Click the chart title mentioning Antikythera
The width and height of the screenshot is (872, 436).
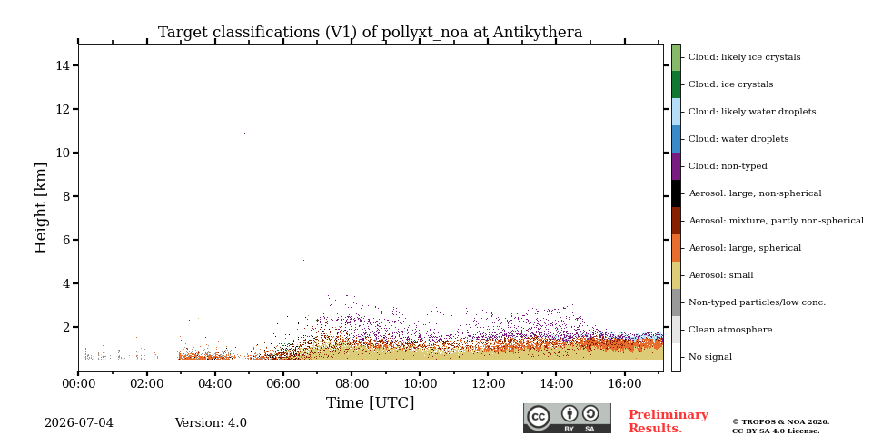(x=370, y=33)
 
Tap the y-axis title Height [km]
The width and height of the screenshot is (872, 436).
(x=41, y=208)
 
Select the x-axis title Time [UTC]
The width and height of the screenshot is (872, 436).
(x=370, y=402)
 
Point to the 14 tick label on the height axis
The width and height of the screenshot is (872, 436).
(x=62, y=65)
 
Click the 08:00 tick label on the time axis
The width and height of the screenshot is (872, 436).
(x=352, y=384)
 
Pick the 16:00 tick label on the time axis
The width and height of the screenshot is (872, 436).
(x=625, y=384)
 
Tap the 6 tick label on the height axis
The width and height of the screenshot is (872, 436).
(x=65, y=240)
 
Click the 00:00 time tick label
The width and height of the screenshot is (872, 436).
(x=78, y=384)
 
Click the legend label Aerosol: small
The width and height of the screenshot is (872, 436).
(x=720, y=275)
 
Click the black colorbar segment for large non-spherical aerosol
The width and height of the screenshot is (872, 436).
(x=676, y=193)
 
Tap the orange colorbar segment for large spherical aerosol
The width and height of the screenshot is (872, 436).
(x=676, y=248)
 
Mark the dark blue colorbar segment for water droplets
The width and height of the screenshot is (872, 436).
(x=676, y=139)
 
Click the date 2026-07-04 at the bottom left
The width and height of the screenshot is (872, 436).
(x=79, y=423)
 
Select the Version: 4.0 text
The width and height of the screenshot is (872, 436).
(x=211, y=423)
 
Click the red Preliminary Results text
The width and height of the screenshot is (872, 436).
(x=669, y=421)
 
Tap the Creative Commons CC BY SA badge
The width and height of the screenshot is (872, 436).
(x=567, y=419)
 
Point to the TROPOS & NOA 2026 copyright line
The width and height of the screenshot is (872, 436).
(x=780, y=422)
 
